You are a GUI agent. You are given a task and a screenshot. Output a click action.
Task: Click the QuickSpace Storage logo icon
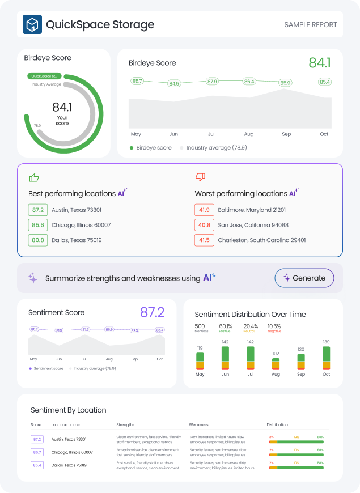click(32, 25)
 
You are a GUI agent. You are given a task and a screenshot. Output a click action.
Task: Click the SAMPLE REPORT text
click(310, 25)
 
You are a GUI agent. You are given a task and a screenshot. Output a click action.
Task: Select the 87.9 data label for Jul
click(212, 82)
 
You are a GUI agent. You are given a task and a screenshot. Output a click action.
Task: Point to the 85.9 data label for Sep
click(285, 83)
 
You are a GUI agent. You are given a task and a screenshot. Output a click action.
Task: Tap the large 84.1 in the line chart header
click(320, 63)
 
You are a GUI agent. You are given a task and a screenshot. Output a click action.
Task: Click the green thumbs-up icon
click(34, 177)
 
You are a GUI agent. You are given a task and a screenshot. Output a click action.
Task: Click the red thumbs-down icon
click(200, 177)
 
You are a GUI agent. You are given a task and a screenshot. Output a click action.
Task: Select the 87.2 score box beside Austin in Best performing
click(37, 210)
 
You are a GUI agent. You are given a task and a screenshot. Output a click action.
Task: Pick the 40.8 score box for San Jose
click(204, 225)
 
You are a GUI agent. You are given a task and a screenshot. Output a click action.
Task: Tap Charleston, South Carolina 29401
click(261, 240)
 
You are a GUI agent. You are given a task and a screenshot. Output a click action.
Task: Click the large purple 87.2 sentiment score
click(152, 312)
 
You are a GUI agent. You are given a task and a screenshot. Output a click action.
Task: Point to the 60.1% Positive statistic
click(226, 327)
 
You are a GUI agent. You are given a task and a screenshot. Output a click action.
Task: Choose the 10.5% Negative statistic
click(274, 327)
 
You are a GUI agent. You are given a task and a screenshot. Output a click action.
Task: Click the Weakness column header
click(198, 424)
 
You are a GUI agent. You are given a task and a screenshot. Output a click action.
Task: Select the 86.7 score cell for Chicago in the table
click(37, 452)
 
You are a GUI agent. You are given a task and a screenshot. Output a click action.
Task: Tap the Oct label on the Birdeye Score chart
click(324, 134)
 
